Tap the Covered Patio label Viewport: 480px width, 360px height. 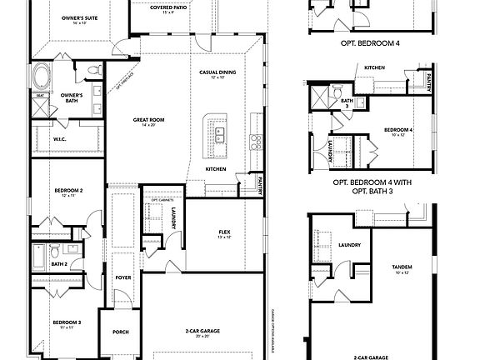click(x=168, y=9)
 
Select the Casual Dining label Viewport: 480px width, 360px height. click(x=217, y=75)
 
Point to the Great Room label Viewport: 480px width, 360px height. click(x=149, y=122)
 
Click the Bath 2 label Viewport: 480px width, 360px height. click(x=58, y=264)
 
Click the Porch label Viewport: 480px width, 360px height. click(x=120, y=332)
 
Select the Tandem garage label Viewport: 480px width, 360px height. click(x=402, y=269)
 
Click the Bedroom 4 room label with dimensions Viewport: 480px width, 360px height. click(x=398, y=132)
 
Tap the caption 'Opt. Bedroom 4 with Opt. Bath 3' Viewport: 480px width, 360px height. click(x=374, y=186)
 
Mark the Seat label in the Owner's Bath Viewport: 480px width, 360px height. click(x=39, y=95)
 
